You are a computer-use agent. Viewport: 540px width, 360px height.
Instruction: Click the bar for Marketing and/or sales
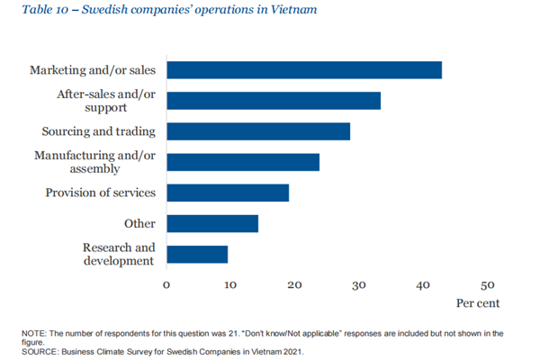coord(304,70)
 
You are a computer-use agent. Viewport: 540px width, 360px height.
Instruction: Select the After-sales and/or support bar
coord(274,101)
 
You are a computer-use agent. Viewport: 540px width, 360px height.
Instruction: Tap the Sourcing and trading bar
coord(258,131)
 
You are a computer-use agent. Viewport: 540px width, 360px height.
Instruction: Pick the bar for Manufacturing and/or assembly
coord(243,162)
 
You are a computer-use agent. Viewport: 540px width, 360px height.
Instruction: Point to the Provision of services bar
coord(228,193)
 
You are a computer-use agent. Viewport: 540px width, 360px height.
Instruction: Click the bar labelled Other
coord(212,223)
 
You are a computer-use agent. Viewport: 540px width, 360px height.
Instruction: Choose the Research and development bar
coord(197,254)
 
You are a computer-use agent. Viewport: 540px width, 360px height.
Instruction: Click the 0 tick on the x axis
coord(166,285)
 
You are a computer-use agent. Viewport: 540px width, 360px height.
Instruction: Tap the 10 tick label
coord(230,285)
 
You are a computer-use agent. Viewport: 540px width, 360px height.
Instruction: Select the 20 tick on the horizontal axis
coord(294,285)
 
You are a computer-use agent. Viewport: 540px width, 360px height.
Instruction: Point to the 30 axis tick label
coord(359,285)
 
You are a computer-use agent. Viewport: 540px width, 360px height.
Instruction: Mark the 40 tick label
coord(423,285)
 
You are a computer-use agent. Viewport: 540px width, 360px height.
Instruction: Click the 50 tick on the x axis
coord(487,285)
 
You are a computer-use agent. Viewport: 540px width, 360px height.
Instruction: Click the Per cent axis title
coord(478,303)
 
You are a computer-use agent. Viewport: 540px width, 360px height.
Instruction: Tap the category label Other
coord(139,223)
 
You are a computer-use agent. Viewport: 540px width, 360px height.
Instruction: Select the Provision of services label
coord(101,193)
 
